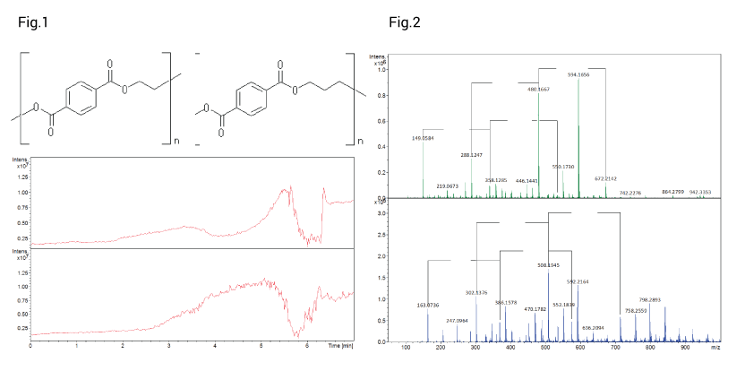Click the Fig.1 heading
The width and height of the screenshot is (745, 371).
(x=33, y=22)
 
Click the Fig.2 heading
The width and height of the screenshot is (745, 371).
(x=404, y=22)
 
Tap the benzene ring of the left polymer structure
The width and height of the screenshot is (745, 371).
(x=81, y=98)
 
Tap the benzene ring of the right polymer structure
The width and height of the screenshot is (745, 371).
(x=251, y=98)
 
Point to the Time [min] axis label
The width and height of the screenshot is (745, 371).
(x=338, y=344)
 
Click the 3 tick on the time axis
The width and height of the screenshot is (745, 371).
(x=168, y=344)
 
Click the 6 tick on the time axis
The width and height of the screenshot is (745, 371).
(x=307, y=344)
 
